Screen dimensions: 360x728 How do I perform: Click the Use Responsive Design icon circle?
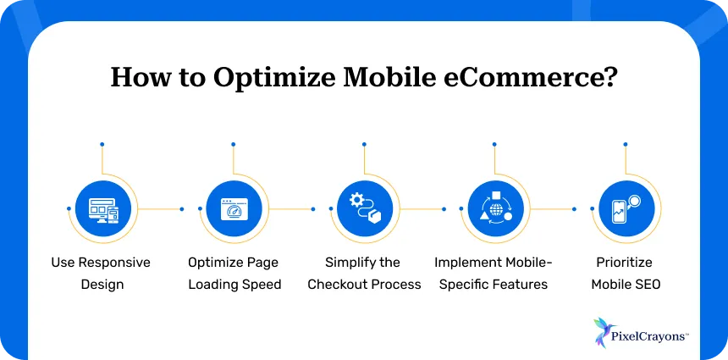pos(102,208)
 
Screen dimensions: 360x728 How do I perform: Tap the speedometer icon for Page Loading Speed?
pos(233,208)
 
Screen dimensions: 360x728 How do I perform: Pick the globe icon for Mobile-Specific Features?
pos(494,208)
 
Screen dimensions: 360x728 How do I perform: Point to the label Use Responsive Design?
pos(102,273)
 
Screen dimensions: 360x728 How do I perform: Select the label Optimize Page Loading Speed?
pos(233,273)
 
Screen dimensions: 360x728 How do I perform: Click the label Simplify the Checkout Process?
pos(364,273)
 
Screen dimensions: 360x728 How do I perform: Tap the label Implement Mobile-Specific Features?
pos(491,273)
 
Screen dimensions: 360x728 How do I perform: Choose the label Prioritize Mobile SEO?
pos(625,273)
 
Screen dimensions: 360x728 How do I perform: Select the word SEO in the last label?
pos(647,284)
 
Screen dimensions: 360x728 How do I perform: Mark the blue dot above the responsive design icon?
pos(102,144)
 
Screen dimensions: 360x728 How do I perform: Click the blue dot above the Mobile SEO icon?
pos(626,144)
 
